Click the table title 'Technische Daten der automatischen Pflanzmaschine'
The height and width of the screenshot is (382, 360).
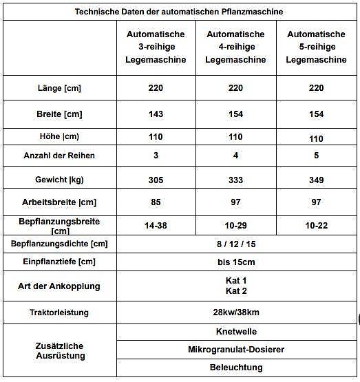click(178, 12)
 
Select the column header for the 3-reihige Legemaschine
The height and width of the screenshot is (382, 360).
click(156, 47)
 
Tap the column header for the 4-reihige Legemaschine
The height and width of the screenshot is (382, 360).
click(235, 47)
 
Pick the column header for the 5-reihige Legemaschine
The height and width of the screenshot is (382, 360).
click(316, 47)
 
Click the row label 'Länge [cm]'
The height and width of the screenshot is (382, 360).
click(59, 88)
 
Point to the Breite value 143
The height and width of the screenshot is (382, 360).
click(156, 114)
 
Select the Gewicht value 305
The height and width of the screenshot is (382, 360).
click(156, 179)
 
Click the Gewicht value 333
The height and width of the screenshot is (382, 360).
click(235, 179)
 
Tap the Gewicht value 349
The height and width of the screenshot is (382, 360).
click(316, 179)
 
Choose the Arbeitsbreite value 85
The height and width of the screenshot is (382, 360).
click(156, 203)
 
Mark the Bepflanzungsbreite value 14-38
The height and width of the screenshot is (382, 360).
click(156, 226)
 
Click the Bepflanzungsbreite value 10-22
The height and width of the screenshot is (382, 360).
click(316, 226)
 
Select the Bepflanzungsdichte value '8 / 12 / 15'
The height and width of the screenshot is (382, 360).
click(235, 244)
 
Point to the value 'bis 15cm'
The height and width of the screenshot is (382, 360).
click(235, 262)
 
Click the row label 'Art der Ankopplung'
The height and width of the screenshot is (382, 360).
click(59, 286)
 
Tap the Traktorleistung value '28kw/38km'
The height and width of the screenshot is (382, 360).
click(235, 312)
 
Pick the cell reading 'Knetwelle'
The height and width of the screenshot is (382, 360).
click(235, 331)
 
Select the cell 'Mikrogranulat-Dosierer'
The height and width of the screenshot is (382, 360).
click(235, 350)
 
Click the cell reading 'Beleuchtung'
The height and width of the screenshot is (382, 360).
click(235, 368)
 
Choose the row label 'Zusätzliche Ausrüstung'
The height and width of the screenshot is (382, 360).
click(59, 350)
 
